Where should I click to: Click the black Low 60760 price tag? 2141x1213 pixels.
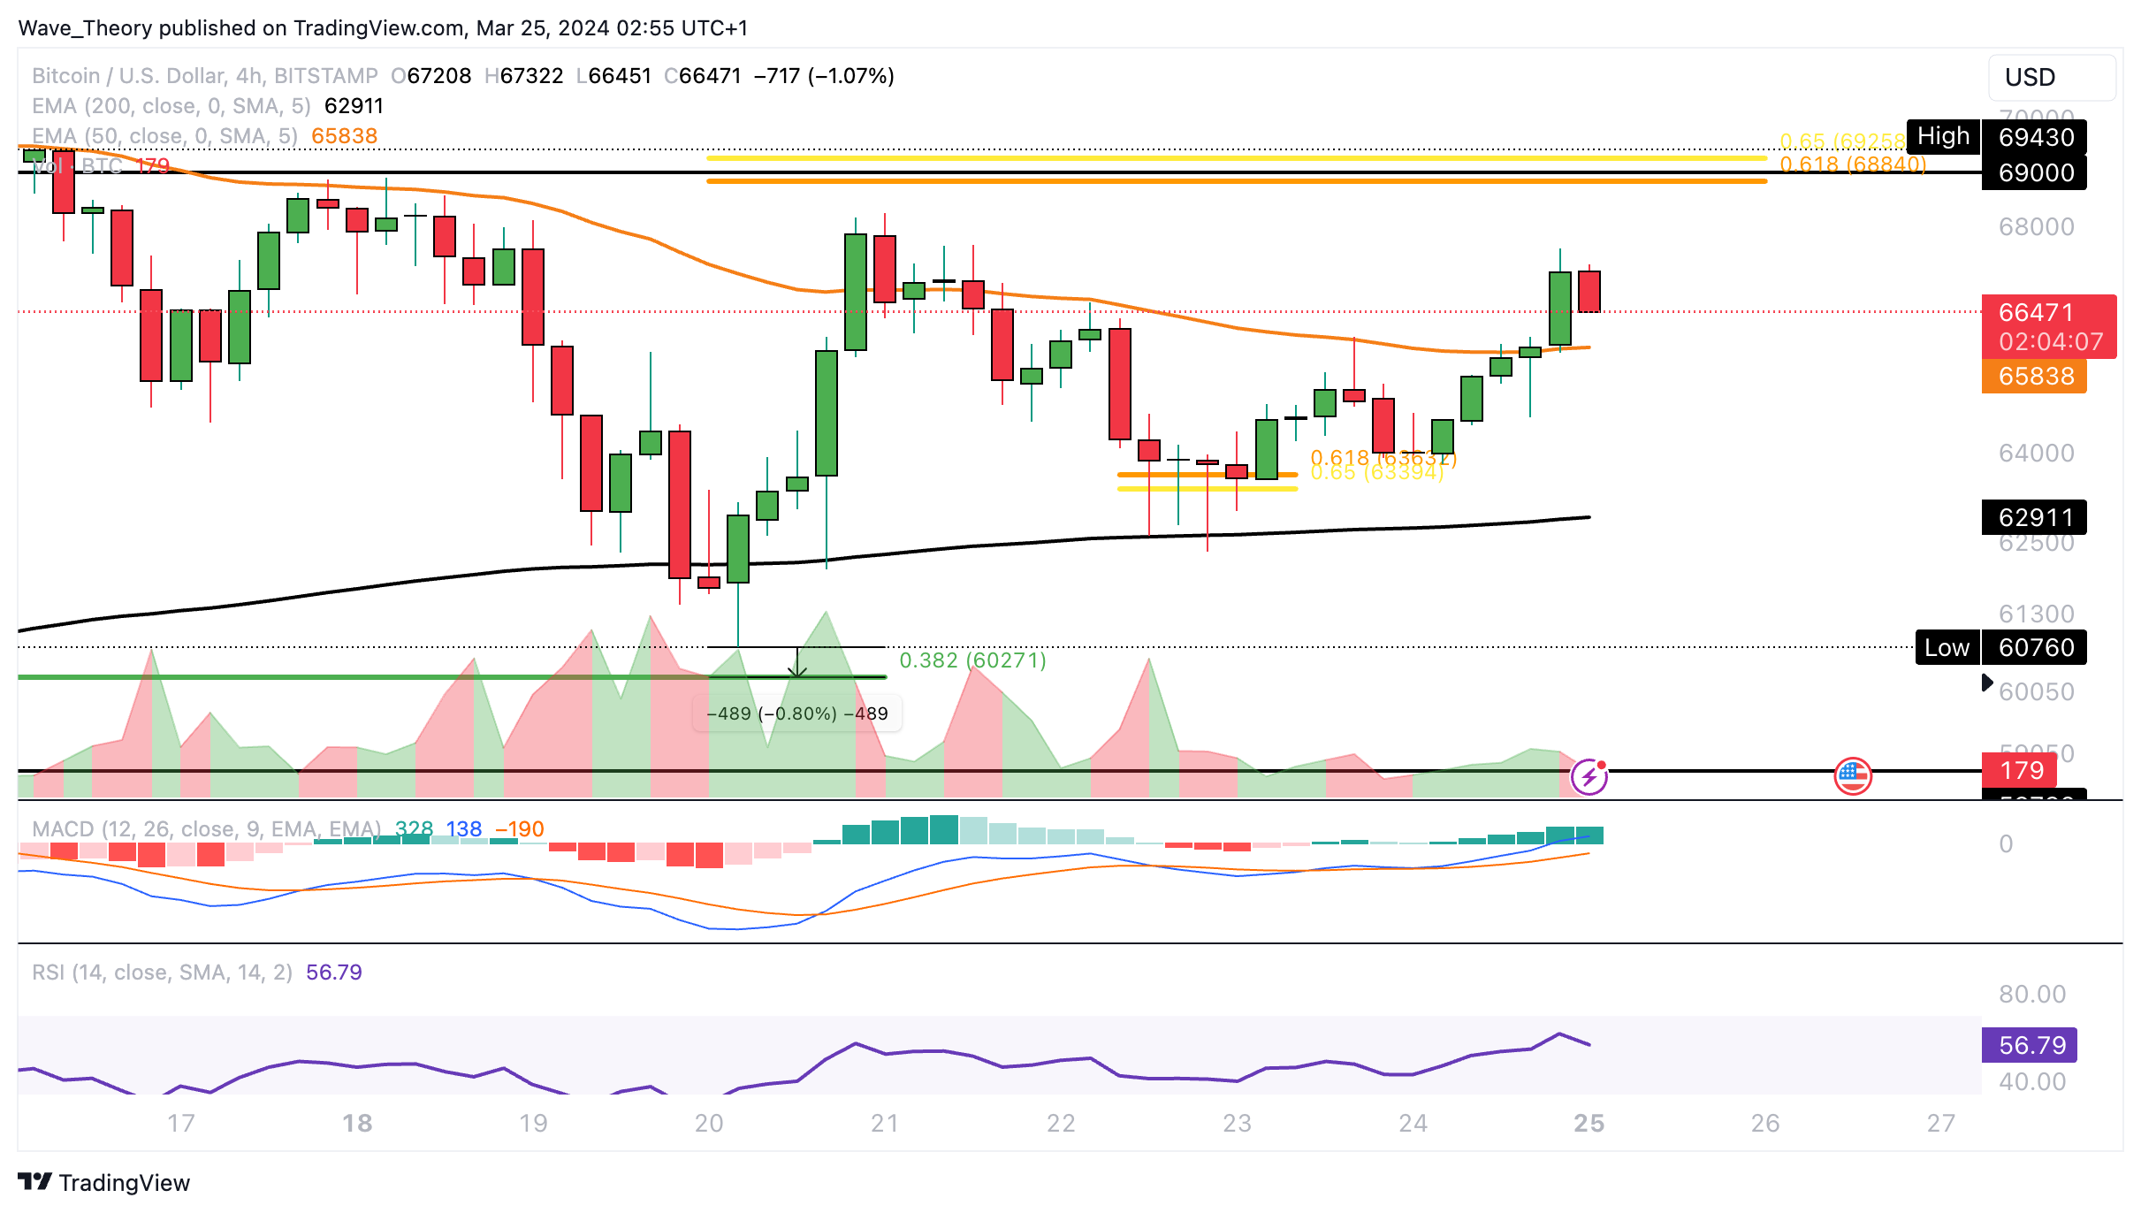coord(2000,647)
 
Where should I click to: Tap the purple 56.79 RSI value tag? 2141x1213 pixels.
coord(2030,1045)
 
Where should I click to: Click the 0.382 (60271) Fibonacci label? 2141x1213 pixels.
coord(972,660)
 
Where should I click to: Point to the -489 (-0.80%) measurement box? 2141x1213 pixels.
coord(797,713)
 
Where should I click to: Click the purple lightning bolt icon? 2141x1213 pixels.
coord(1589,777)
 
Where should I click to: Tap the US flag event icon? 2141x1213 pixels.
coord(1852,777)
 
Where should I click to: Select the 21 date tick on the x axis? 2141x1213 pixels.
coord(884,1123)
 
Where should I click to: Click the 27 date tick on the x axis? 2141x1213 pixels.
coord(1940,1123)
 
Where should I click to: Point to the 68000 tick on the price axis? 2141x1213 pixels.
coord(2036,227)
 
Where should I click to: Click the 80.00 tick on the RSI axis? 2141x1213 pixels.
coord(2032,994)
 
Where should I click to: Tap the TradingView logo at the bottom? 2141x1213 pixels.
coord(104,1182)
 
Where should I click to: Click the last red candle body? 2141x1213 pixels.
coord(1589,292)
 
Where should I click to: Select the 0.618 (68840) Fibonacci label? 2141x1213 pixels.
coord(1852,164)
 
